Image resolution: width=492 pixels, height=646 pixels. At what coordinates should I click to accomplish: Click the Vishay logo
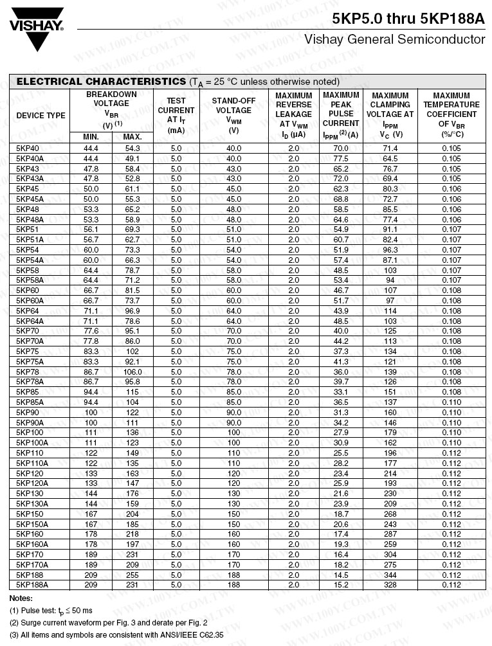(x=37, y=27)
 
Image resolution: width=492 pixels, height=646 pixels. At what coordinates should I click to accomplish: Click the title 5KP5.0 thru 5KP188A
(x=408, y=19)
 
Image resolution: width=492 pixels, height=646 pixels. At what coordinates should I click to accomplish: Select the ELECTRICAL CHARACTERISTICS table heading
(x=101, y=82)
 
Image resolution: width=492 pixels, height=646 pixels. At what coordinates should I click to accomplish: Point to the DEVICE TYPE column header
(x=41, y=116)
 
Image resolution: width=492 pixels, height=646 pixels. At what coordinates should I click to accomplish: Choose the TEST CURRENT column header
(x=176, y=115)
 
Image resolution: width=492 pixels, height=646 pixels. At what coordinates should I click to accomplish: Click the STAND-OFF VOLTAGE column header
(x=233, y=115)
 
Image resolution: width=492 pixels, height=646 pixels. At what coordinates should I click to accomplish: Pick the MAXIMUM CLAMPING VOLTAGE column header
(x=390, y=115)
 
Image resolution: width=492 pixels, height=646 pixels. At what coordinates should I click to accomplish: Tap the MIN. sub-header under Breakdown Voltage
(x=91, y=137)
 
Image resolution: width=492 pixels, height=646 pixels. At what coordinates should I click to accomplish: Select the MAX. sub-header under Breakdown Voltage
(x=132, y=137)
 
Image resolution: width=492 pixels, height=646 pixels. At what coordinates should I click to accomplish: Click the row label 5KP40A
(x=30, y=158)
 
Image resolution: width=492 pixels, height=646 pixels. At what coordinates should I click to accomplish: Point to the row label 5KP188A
(x=32, y=585)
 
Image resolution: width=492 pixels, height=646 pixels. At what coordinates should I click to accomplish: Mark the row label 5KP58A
(x=30, y=280)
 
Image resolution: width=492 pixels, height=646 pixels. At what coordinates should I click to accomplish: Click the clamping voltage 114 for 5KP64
(x=390, y=310)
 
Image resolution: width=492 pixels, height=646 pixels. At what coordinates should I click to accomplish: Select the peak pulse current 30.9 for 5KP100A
(x=341, y=443)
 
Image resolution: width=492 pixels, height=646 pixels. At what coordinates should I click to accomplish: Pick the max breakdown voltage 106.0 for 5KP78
(x=132, y=372)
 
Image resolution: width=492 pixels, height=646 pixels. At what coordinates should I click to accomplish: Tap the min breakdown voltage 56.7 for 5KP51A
(x=91, y=240)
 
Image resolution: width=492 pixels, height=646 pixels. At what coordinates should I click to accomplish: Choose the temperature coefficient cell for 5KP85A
(x=451, y=402)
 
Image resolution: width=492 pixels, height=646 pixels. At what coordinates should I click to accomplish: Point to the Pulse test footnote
(x=51, y=611)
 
